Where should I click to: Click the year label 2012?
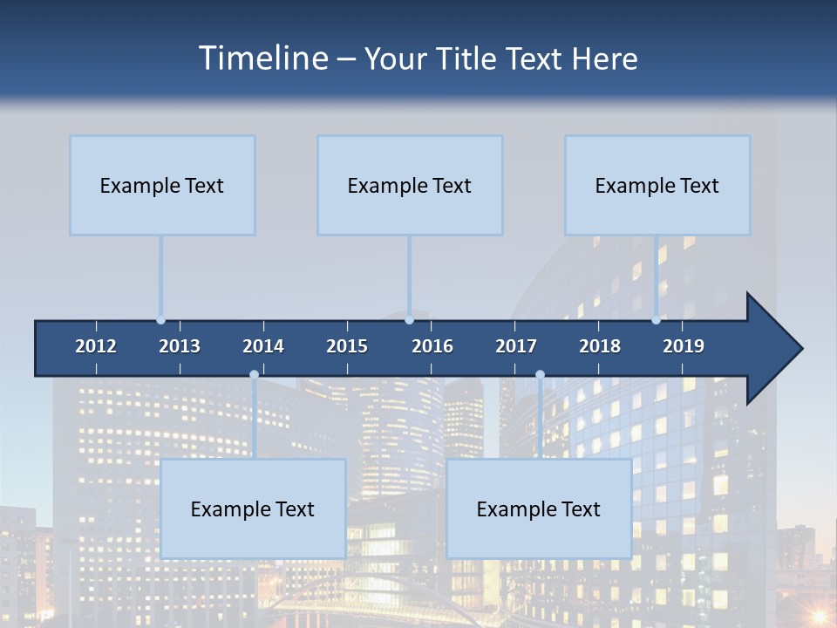[x=96, y=346]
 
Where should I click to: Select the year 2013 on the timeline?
[x=180, y=346]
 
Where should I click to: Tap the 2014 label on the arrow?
[x=263, y=346]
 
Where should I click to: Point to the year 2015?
[x=347, y=346]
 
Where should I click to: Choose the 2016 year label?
[x=432, y=346]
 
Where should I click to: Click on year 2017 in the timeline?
[x=516, y=346]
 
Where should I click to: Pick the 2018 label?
[x=600, y=346]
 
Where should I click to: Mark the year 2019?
[x=684, y=346]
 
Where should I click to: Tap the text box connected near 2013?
[x=162, y=185]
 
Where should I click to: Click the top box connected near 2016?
[x=410, y=185]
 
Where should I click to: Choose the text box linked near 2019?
[x=657, y=185]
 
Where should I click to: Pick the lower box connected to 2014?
[x=253, y=509]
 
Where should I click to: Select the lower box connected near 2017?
[x=539, y=509]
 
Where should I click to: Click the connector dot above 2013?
[x=160, y=320]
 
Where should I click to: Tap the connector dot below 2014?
[x=254, y=374]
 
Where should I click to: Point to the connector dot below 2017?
[x=540, y=374]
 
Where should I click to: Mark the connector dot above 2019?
[x=656, y=320]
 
